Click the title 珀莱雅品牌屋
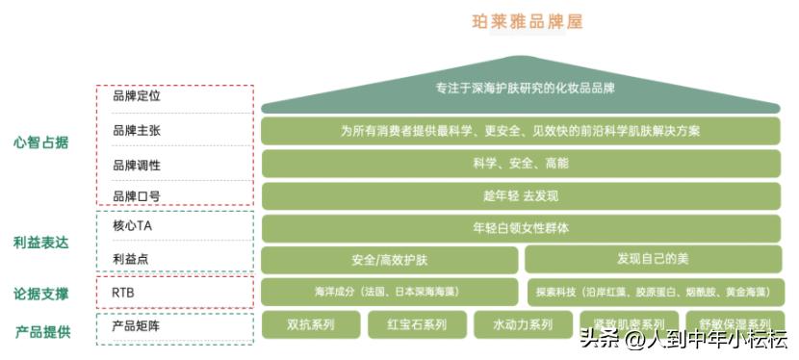point(528,21)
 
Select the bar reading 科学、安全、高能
point(521,164)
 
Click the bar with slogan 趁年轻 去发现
point(521,196)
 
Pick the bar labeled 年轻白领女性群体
point(521,229)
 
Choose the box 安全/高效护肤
point(390,260)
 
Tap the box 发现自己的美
point(653,259)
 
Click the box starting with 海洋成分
point(390,292)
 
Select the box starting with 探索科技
point(653,292)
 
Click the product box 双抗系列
point(311,324)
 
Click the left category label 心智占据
point(41,142)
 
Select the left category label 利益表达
point(41,243)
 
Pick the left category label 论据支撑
point(41,293)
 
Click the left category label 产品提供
point(41,332)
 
